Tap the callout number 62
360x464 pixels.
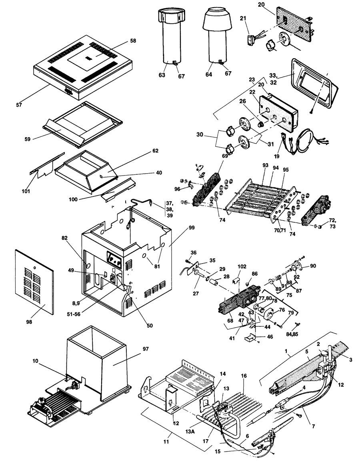[x=144, y=151]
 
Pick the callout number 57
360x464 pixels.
[x=19, y=105]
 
